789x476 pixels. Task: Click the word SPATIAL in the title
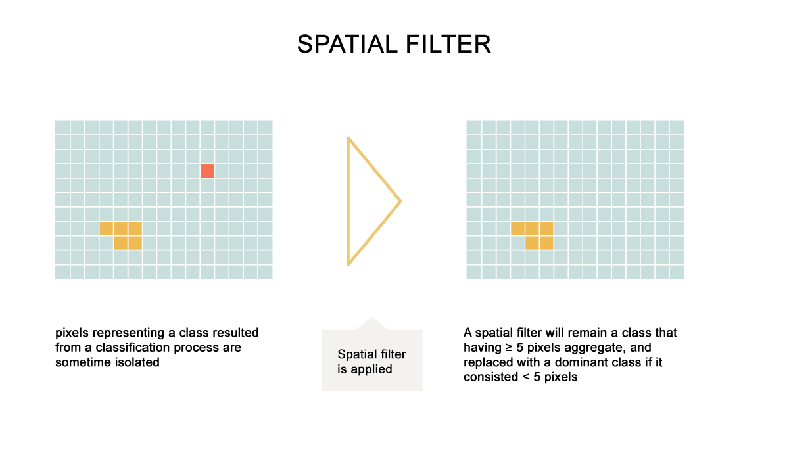click(347, 45)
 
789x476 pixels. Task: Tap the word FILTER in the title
click(448, 45)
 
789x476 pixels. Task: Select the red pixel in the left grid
click(207, 171)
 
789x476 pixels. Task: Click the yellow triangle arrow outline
click(348, 201)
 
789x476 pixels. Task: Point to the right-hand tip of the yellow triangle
click(401, 202)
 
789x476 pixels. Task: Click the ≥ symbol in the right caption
click(509, 348)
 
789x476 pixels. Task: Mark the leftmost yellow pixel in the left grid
click(106, 229)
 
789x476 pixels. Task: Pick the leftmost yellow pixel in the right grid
click(517, 229)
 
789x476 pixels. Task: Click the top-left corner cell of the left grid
click(62, 128)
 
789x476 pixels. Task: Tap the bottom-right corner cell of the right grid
click(677, 272)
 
